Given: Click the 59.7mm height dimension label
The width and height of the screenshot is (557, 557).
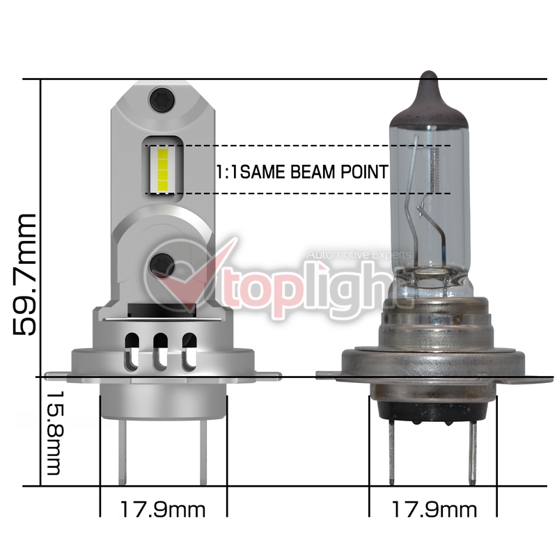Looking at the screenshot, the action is [24, 275].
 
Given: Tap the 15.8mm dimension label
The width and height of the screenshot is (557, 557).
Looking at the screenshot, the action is [54, 433].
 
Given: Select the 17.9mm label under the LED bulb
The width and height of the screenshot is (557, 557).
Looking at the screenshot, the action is [163, 510].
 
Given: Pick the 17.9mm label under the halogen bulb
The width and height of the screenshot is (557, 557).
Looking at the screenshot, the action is [434, 510].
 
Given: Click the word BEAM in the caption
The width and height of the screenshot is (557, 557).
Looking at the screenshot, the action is [312, 172].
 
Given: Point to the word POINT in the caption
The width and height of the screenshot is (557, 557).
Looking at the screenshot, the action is [364, 172].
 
